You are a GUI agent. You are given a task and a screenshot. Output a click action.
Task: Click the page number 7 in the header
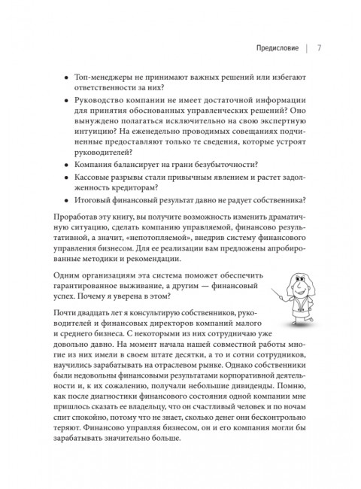[320, 51]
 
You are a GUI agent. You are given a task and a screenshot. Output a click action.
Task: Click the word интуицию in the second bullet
[99, 137]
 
